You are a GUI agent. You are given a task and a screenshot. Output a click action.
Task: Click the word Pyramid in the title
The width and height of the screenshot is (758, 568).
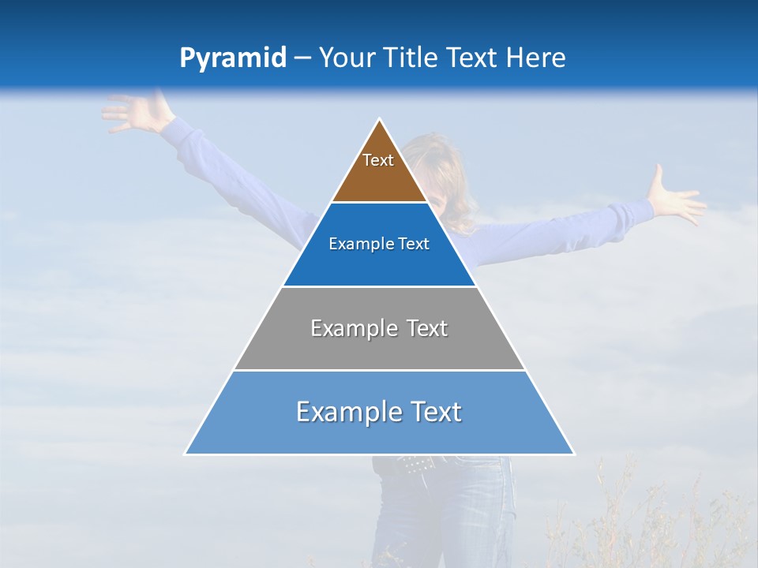tap(232, 58)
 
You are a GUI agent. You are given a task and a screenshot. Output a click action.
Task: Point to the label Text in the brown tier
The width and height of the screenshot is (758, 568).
tap(378, 160)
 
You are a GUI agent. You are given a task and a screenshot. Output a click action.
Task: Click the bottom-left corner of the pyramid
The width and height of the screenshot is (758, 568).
tap(186, 454)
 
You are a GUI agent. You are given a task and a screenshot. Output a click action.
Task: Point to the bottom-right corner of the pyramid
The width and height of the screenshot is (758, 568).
tap(573, 454)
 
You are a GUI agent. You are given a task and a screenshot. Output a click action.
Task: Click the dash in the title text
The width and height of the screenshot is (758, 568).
tap(302, 58)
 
